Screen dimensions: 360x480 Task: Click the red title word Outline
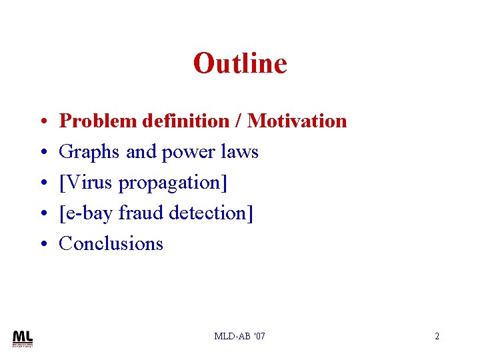pyautogui.click(x=240, y=64)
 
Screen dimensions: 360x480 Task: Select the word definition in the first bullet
pyautogui.click(x=183, y=121)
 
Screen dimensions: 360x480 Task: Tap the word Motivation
pyautogui.click(x=297, y=121)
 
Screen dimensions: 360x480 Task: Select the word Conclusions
pyautogui.click(x=111, y=244)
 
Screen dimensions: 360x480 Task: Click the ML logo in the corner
pyautogui.click(x=23, y=338)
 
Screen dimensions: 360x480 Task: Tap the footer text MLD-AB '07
pyautogui.click(x=239, y=336)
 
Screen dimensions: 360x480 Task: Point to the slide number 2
pyautogui.click(x=437, y=336)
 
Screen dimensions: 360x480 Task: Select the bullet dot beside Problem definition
pyautogui.click(x=42, y=122)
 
